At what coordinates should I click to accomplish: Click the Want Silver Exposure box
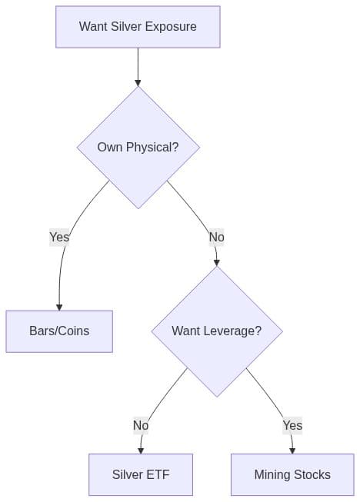138,27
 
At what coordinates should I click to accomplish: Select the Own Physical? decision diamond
138,147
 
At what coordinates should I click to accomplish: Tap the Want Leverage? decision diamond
216,331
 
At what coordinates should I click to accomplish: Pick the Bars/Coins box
59,331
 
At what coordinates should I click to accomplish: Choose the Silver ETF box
140,474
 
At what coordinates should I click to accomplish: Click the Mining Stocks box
292,474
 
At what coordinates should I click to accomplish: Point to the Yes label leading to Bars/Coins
59,237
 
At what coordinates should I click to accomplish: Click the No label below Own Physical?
216,237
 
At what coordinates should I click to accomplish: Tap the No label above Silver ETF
141,425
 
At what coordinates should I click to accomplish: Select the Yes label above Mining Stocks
292,425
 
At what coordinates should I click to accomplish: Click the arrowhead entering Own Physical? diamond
138,81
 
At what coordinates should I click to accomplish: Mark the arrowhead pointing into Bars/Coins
59,306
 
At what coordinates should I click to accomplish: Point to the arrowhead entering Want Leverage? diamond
217,261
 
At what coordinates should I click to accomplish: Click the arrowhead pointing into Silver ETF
141,449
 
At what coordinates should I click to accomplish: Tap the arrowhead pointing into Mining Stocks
292,449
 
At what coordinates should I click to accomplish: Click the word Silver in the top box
127,27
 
